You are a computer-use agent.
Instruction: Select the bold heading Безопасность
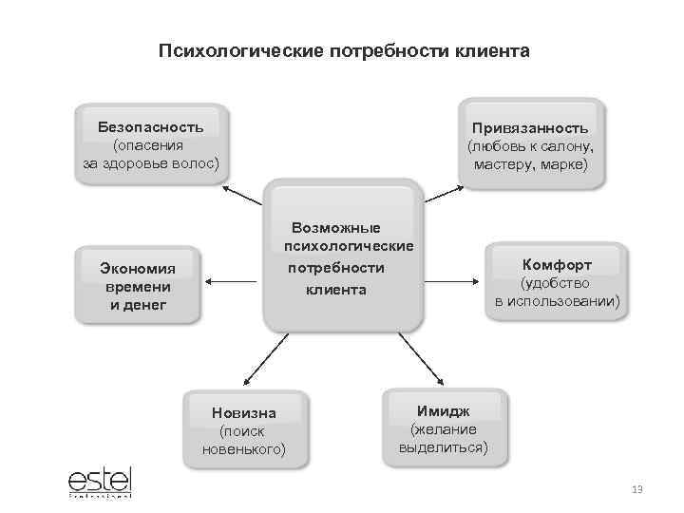pyautogui.click(x=152, y=125)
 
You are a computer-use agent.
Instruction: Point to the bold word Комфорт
pyautogui.click(x=557, y=265)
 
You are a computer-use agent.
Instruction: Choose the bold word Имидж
pyautogui.click(x=443, y=410)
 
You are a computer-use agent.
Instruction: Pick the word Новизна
pyautogui.click(x=244, y=412)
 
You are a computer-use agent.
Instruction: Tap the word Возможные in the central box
pyautogui.click(x=336, y=228)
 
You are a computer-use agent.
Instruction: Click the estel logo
pyautogui.click(x=99, y=480)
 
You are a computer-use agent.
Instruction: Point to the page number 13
pyautogui.click(x=636, y=489)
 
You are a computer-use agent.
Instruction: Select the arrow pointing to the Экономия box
pyautogui.click(x=232, y=281)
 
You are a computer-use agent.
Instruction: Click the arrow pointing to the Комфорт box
pyautogui.click(x=452, y=281)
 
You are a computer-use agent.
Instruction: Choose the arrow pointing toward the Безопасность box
pyautogui.click(x=241, y=196)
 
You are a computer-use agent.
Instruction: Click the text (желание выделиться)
pyautogui.click(x=443, y=438)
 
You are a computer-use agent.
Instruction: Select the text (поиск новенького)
pyautogui.click(x=244, y=440)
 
